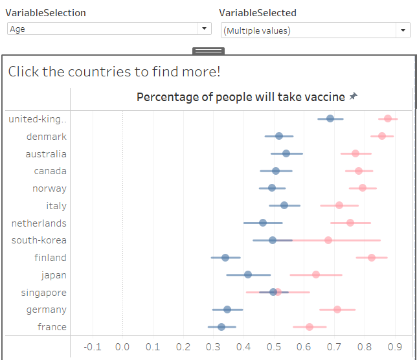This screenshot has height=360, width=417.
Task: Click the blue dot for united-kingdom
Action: [x=330, y=118]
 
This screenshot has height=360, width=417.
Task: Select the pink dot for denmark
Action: [x=382, y=136]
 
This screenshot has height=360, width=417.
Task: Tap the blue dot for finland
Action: [x=225, y=258]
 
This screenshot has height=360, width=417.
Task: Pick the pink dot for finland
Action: [x=372, y=258]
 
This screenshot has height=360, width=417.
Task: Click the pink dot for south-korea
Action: [x=328, y=240]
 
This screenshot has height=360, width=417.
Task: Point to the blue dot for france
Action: [x=221, y=327]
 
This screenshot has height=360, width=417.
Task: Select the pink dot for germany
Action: [x=337, y=309]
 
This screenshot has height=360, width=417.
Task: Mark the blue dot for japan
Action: [x=248, y=275]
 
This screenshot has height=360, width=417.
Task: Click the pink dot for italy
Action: [x=339, y=205]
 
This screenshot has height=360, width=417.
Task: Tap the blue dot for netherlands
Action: [x=263, y=223]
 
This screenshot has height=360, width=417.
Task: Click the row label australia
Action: [x=46, y=154]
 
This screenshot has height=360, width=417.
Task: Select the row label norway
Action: [x=50, y=188]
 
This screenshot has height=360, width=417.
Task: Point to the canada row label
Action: [x=51, y=171]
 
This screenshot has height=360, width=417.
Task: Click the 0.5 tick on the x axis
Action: [x=274, y=346]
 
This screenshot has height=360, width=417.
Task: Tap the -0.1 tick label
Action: [x=93, y=346]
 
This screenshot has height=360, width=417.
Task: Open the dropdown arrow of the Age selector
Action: [x=205, y=28]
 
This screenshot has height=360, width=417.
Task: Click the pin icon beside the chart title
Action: [x=353, y=96]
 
